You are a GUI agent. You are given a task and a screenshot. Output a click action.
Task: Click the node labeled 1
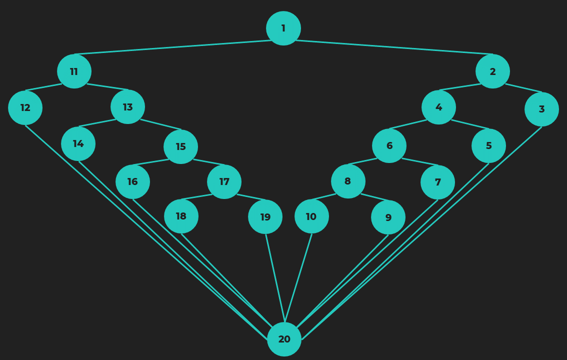pyautogui.click(x=283, y=28)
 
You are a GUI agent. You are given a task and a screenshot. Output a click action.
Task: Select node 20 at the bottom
pyautogui.click(x=284, y=339)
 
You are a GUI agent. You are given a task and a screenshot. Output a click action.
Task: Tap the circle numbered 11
pyautogui.click(x=74, y=71)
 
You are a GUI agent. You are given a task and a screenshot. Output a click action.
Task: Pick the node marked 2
pyautogui.click(x=492, y=71)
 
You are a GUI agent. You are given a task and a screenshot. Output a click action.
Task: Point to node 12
pyautogui.click(x=25, y=107)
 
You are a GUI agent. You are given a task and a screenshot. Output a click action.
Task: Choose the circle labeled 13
pyautogui.click(x=127, y=107)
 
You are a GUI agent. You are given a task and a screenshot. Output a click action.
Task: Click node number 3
pyautogui.click(x=541, y=109)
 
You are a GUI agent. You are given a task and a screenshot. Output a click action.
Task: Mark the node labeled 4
pyautogui.click(x=438, y=107)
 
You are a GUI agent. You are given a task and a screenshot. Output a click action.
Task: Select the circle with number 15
pyautogui.click(x=180, y=146)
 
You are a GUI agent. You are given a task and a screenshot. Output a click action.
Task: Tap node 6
pyautogui.click(x=389, y=145)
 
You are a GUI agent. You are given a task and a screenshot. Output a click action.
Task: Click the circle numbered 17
pyautogui.click(x=224, y=181)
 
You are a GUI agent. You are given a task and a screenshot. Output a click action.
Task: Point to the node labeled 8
pyautogui.click(x=348, y=181)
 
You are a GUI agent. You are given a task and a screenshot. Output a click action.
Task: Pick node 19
pyautogui.click(x=265, y=217)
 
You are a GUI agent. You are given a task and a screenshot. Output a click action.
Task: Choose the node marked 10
pyautogui.click(x=311, y=216)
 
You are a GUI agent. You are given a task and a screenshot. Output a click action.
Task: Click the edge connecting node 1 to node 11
pyautogui.click(x=172, y=47)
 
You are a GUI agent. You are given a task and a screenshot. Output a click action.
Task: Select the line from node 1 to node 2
pyautogui.click(x=394, y=47)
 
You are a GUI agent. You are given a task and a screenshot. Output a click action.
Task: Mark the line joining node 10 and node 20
pyautogui.click(x=298, y=277)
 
